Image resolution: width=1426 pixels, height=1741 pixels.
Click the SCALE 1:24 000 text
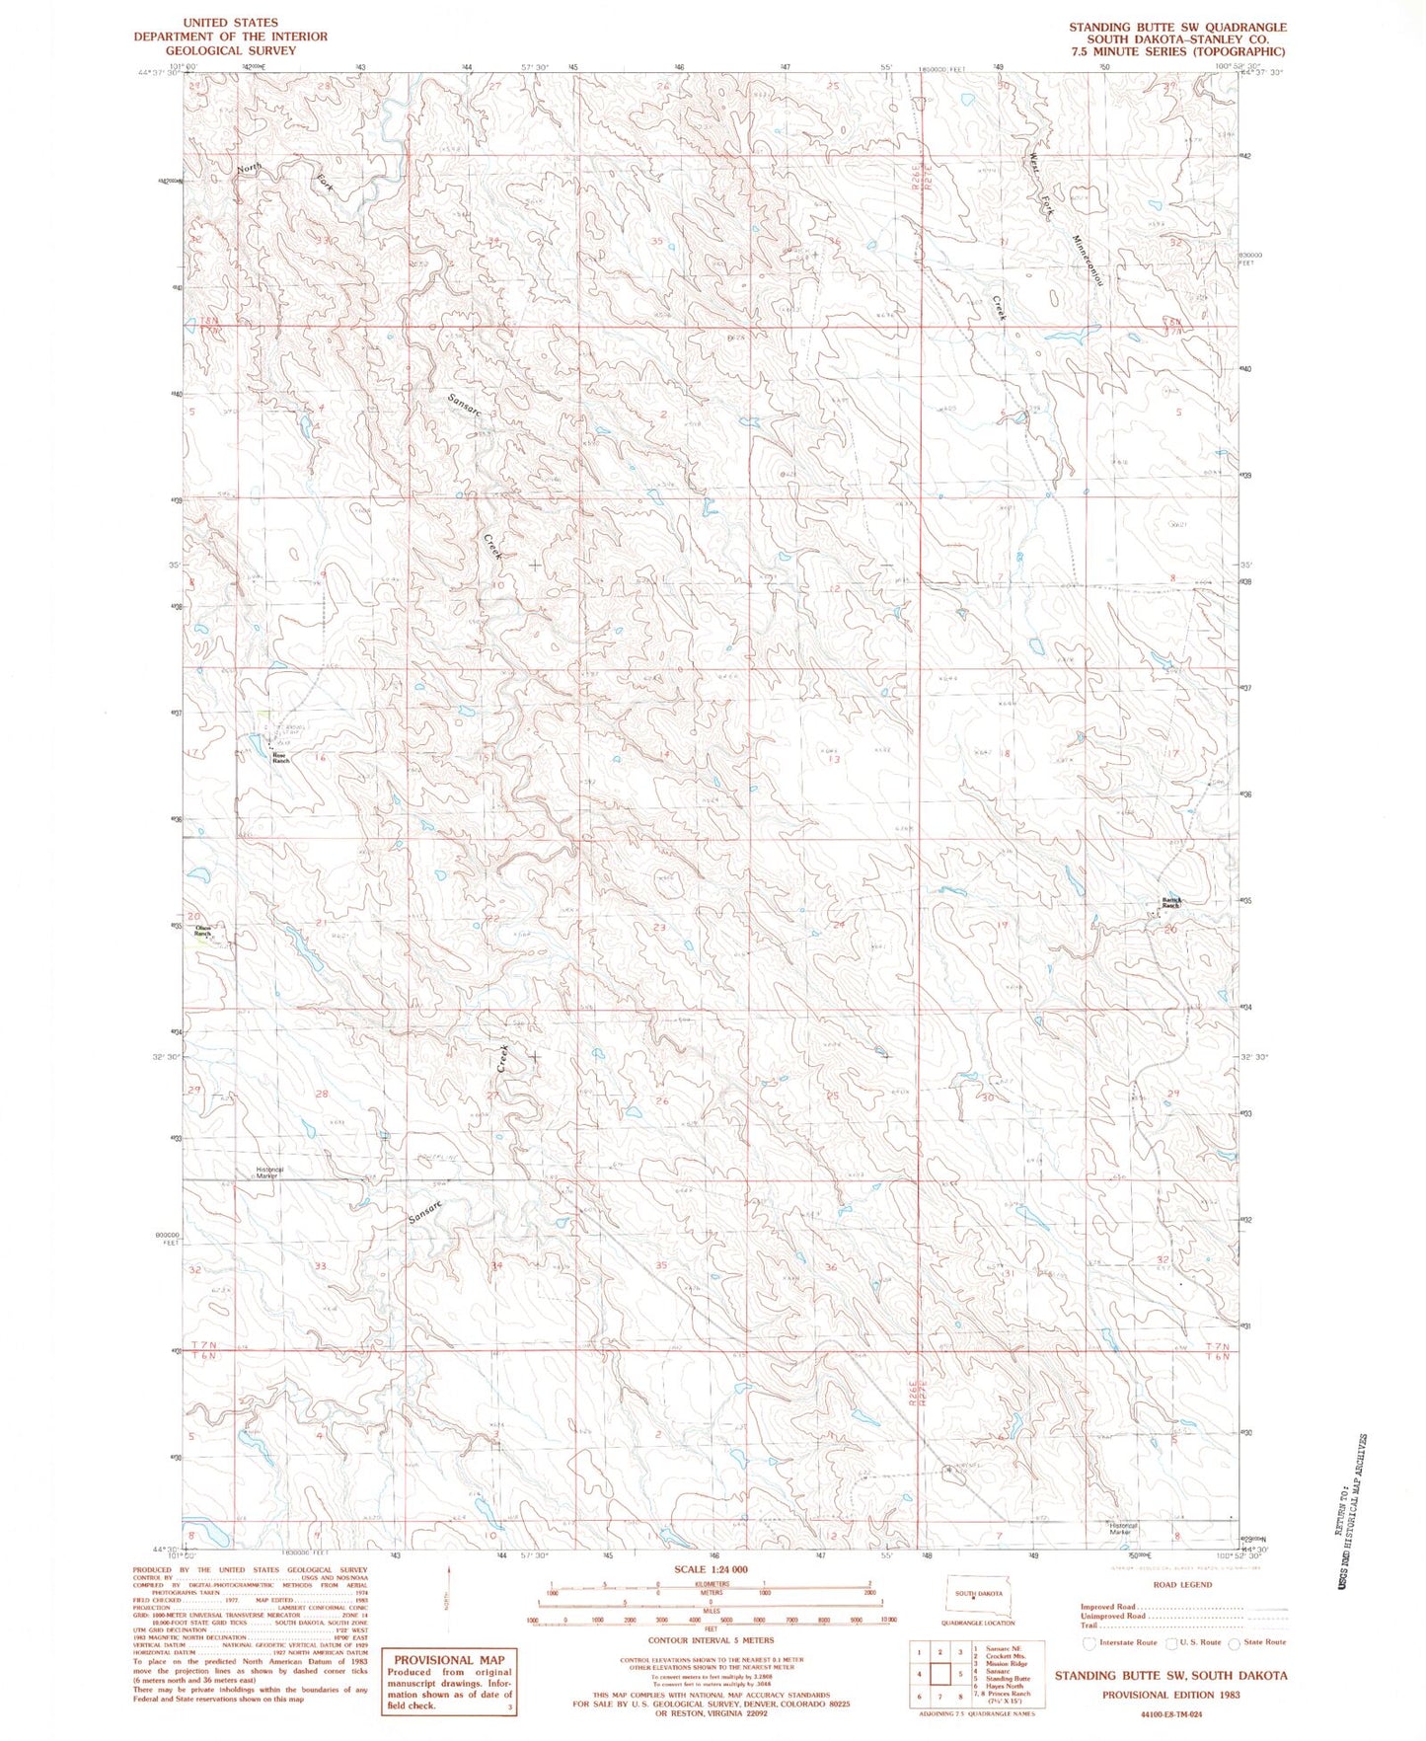(x=711, y=1569)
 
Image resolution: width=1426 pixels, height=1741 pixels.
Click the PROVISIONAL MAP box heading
(x=449, y=1660)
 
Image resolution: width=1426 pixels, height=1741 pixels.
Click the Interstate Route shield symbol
(x=1088, y=1643)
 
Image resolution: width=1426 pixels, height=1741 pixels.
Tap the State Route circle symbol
(x=1234, y=1643)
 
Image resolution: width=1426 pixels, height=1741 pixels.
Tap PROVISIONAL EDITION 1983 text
(x=1170, y=1694)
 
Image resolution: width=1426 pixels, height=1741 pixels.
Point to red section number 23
(x=659, y=929)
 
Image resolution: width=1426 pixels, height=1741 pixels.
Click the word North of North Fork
(x=249, y=169)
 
